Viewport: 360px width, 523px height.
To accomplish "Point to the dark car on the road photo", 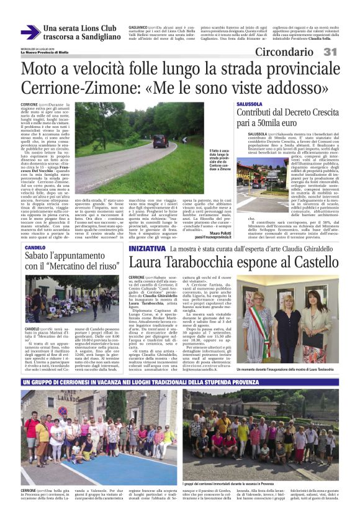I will pyautogui.click(x=161, y=140).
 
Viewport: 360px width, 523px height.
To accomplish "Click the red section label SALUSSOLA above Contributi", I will pyautogui.click(x=250, y=102).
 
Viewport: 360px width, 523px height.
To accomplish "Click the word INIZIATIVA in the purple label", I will pyautogui.click(x=146, y=248).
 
